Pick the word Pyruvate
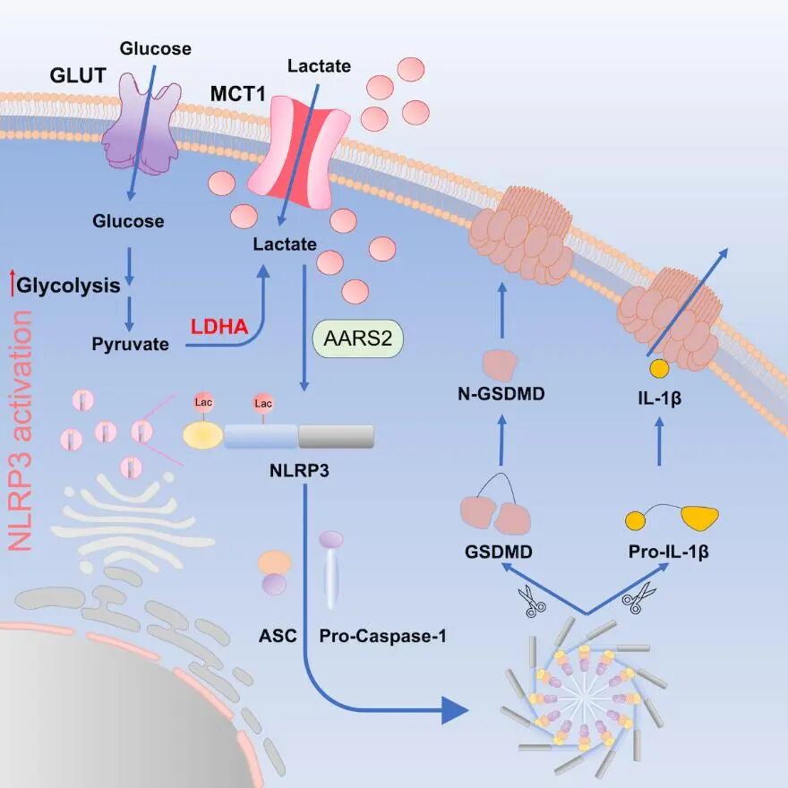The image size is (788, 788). coord(131,342)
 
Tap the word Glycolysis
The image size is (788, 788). coord(69,286)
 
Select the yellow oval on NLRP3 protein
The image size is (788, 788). coord(202,435)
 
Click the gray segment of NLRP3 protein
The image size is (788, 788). coord(336,436)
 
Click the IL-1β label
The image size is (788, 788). coord(661,393)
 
